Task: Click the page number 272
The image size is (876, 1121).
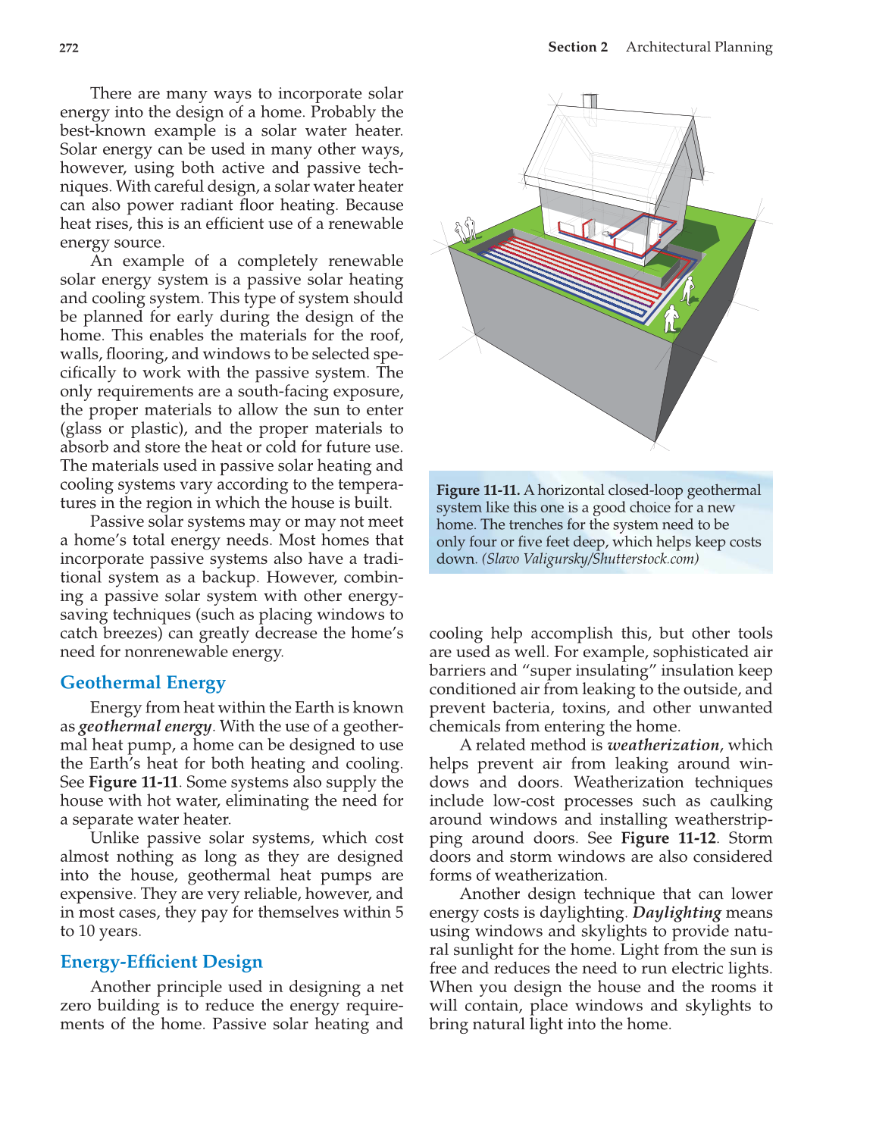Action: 69,48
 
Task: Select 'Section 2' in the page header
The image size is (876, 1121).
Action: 577,47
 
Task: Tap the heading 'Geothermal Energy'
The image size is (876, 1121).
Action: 142,683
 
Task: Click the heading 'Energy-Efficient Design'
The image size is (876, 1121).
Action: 161,962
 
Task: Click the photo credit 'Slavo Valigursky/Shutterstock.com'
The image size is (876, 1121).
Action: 590,559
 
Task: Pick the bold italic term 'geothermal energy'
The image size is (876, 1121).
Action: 145,726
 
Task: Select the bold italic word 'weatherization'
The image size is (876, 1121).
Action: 663,745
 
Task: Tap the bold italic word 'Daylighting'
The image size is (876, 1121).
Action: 676,913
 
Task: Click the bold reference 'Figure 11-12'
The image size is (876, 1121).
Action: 668,838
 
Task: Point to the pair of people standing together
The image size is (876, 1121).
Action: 464,229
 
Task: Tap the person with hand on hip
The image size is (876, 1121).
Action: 688,290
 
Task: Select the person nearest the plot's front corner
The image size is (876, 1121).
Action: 671,319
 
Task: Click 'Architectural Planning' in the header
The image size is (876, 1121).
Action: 699,47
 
